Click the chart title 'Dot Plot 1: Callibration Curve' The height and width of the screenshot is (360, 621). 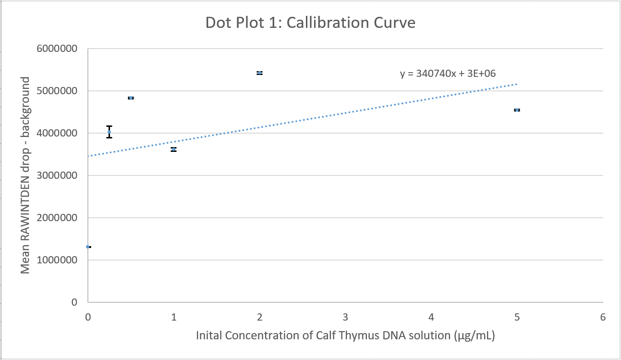point(310,23)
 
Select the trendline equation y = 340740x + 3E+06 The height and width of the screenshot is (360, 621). point(448,74)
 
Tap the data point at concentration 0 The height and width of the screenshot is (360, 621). point(88,247)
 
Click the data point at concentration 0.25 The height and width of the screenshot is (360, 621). point(110,132)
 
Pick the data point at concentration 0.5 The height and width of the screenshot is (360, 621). point(131,98)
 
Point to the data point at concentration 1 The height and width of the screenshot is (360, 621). point(173,149)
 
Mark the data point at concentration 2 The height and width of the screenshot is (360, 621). point(259,73)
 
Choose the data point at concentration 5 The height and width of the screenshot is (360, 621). point(517,110)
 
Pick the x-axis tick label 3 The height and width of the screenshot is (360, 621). point(345,317)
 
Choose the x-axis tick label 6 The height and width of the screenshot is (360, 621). point(603,317)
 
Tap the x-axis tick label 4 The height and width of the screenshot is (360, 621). point(431,317)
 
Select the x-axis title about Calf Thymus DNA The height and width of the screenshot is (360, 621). point(345,335)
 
